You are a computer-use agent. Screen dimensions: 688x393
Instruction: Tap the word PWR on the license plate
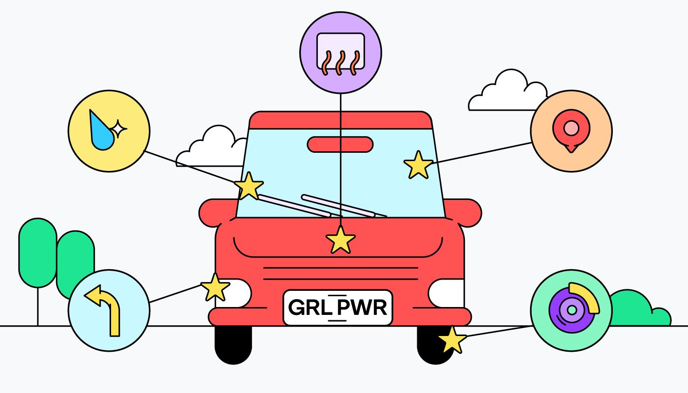click(x=363, y=308)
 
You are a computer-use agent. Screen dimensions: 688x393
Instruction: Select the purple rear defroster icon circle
click(x=341, y=53)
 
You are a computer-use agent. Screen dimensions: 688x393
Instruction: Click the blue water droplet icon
click(x=102, y=131)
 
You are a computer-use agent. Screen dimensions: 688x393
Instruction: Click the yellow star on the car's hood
click(x=341, y=240)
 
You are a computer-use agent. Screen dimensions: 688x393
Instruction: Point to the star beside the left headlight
click(x=215, y=287)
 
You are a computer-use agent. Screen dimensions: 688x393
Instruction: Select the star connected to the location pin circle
click(x=418, y=165)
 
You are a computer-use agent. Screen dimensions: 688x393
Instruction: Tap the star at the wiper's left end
click(x=249, y=186)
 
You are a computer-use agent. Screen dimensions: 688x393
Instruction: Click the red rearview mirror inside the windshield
click(x=340, y=144)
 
